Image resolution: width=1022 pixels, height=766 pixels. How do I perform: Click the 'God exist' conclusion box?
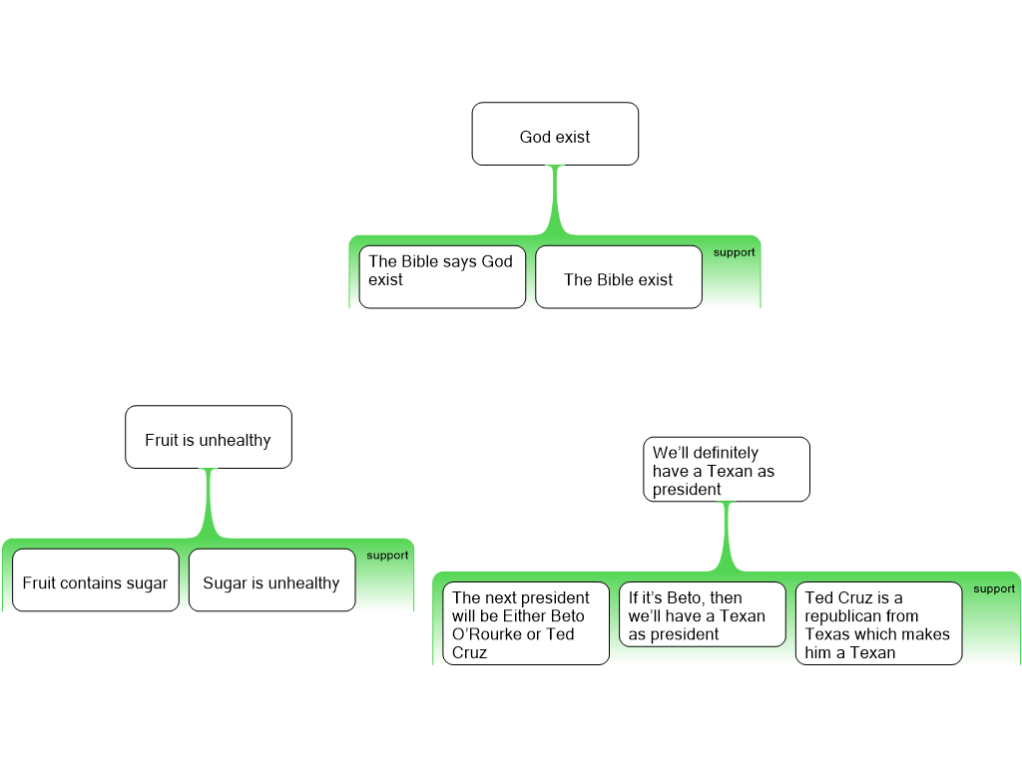click(x=555, y=134)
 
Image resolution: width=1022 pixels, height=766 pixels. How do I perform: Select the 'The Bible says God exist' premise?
click(x=442, y=277)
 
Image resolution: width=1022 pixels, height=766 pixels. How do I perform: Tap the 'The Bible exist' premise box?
click(x=619, y=277)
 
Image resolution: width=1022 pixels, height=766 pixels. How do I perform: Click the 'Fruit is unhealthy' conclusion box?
click(x=208, y=437)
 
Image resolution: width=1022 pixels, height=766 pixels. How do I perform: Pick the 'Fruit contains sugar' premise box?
click(x=96, y=580)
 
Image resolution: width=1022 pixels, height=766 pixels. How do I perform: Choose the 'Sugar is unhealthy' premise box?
click(x=271, y=580)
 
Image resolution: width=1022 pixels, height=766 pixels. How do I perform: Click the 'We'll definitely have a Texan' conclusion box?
click(x=726, y=469)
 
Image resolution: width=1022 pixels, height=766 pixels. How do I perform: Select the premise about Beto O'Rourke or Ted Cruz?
click(x=526, y=623)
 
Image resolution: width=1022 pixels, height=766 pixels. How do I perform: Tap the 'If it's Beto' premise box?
click(x=702, y=614)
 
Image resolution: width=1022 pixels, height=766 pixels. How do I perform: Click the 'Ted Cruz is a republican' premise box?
click(x=878, y=623)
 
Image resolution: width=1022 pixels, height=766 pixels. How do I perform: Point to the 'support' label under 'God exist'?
click(x=734, y=252)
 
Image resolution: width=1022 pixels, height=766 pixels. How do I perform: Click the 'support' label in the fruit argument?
click(x=387, y=556)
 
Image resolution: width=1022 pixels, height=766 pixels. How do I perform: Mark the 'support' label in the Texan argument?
click(x=994, y=588)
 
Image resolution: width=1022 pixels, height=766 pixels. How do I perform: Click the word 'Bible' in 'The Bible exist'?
click(x=619, y=280)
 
